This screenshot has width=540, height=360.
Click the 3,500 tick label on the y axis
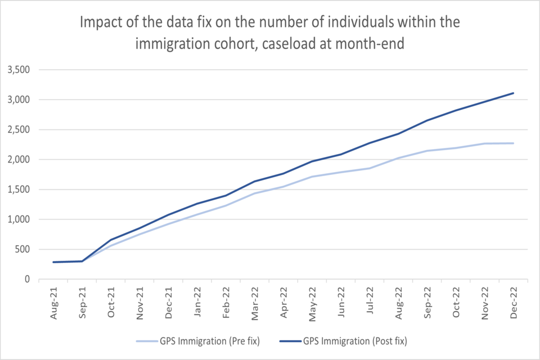(19, 70)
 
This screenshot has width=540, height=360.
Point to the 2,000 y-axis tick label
(19, 160)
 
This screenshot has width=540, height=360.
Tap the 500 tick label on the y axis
(22, 249)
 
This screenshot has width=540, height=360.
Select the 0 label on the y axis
(27, 279)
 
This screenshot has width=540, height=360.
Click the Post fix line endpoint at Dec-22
(514, 93)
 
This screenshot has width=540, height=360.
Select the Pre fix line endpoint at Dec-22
(514, 143)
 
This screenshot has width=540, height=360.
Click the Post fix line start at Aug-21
(54, 262)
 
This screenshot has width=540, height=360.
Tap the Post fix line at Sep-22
(427, 120)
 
